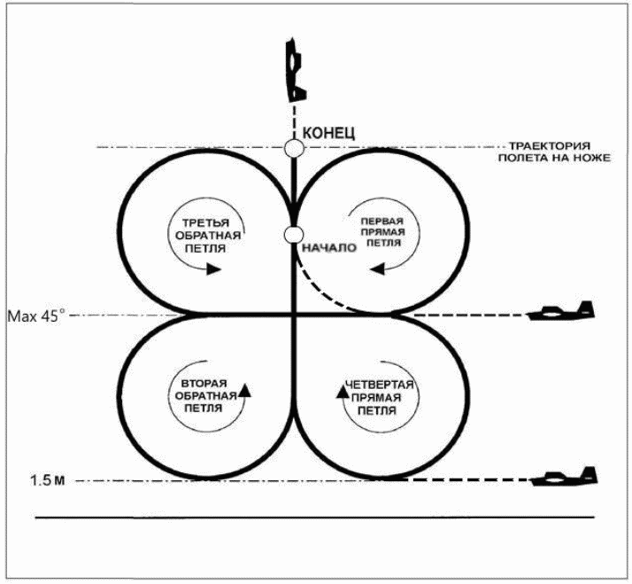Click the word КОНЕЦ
click(328, 133)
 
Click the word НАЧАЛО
click(329, 247)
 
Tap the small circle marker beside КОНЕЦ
click(294, 148)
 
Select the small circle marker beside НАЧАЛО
click(294, 235)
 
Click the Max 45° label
click(36, 315)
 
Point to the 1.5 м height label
click(48, 480)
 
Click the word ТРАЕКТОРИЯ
click(550, 145)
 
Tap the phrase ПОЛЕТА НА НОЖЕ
click(554, 158)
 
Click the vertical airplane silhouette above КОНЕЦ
click(296, 69)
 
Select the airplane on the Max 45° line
click(561, 311)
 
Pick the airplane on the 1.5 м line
click(565, 477)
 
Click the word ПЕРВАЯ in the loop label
click(382, 222)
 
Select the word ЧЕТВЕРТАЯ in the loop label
click(380, 385)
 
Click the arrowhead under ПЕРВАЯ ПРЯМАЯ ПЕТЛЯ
click(377, 269)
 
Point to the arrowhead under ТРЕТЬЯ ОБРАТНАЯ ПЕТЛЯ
click(213, 269)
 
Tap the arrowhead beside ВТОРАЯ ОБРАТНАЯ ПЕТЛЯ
click(244, 390)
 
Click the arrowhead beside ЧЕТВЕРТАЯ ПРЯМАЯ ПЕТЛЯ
click(343, 391)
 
